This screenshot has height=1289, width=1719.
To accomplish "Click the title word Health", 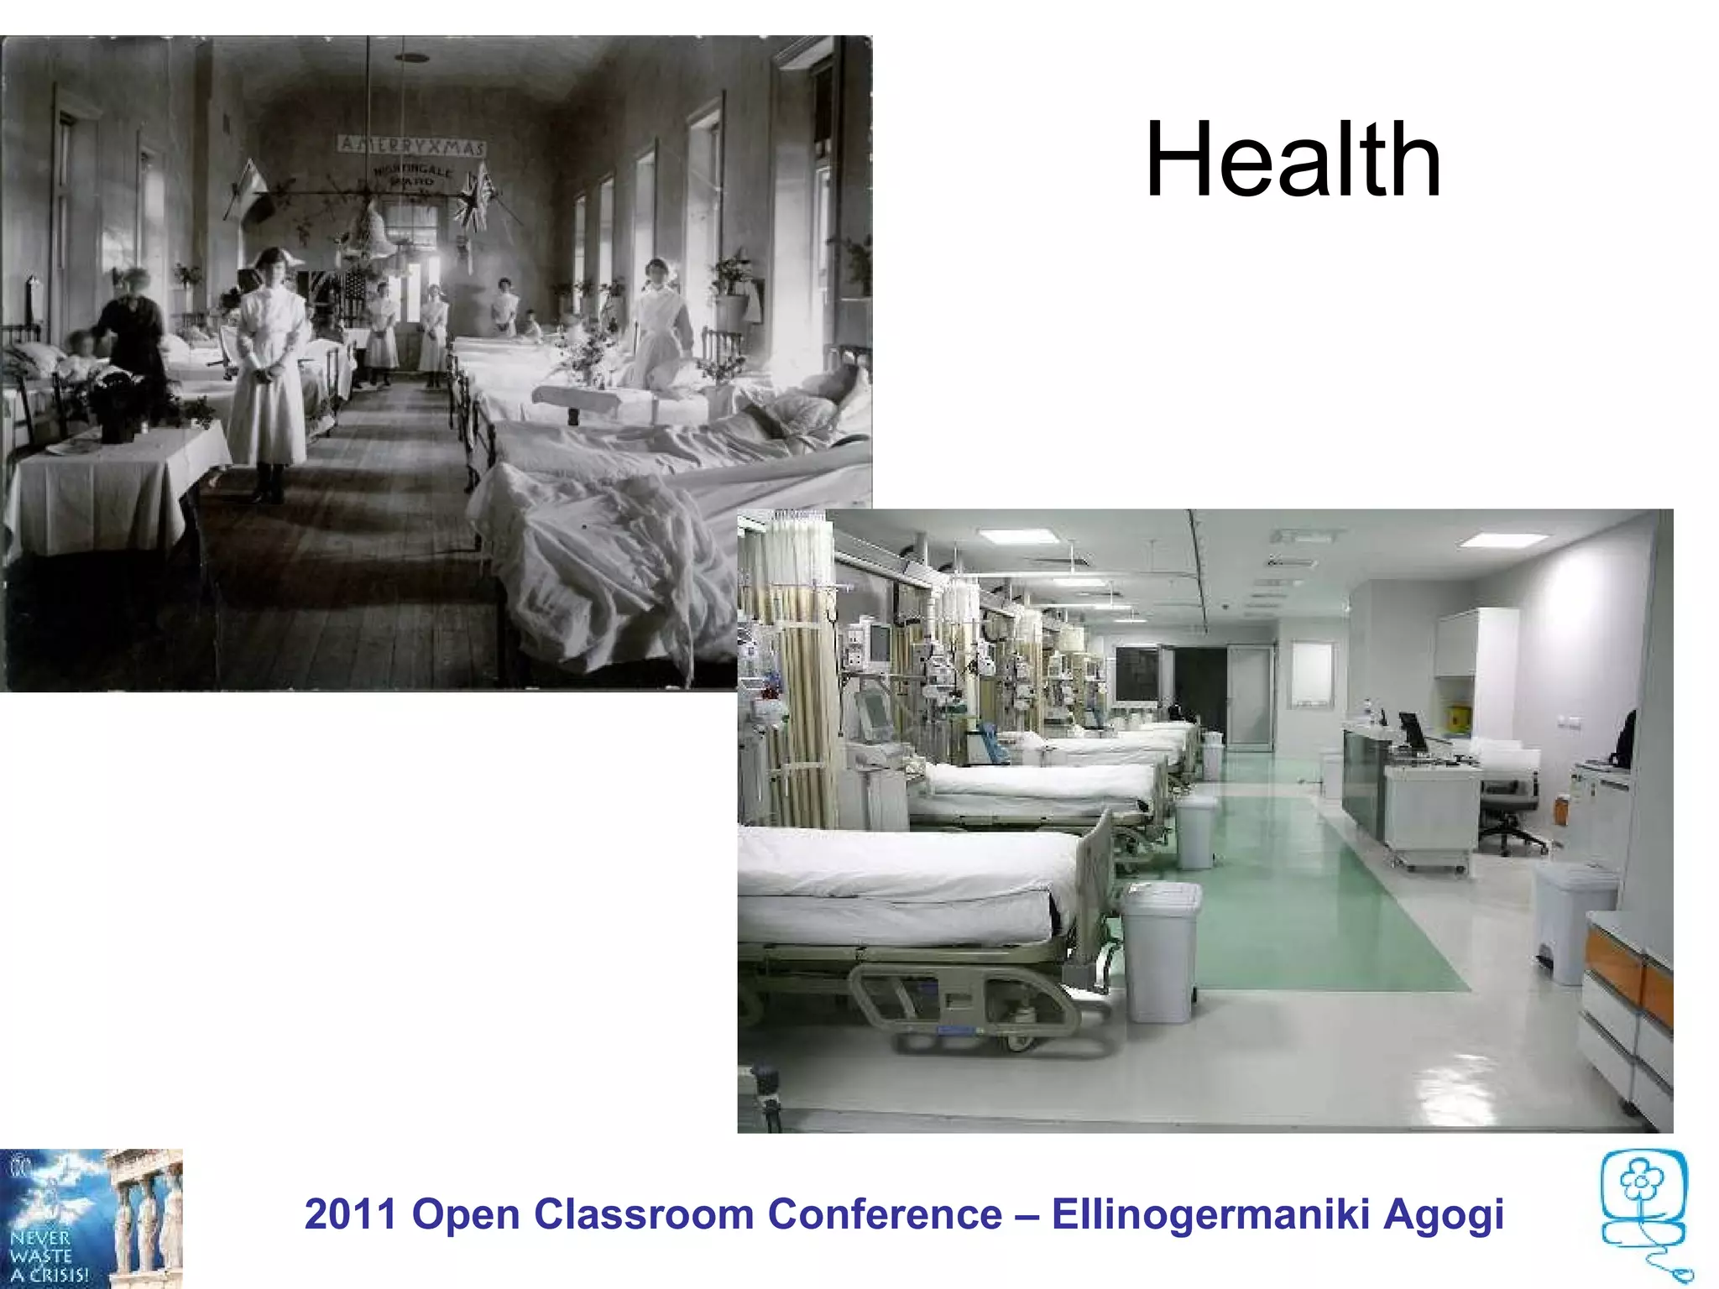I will point(1293,160).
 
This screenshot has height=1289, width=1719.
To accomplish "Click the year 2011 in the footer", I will point(351,1214).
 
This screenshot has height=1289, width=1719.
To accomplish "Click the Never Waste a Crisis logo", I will point(91,1219).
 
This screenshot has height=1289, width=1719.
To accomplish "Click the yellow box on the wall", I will point(1459,716).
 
